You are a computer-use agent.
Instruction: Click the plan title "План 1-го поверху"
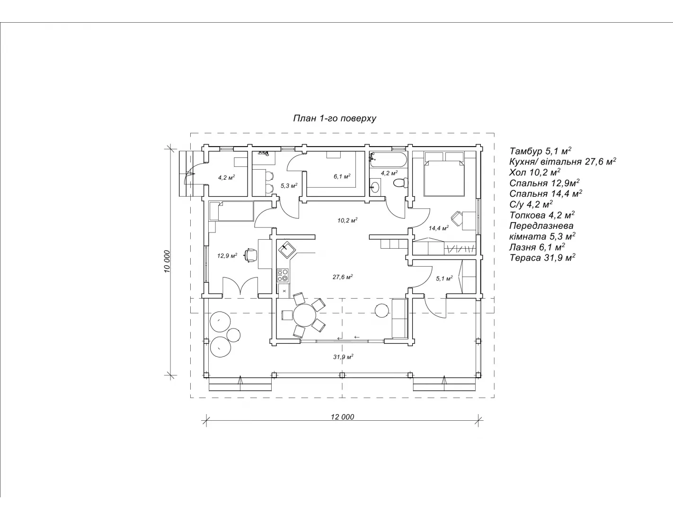[x=335, y=118]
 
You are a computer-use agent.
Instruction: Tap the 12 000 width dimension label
[x=342, y=416]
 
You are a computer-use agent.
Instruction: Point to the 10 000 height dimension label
[x=167, y=261]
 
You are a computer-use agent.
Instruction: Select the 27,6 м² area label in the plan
[x=343, y=277]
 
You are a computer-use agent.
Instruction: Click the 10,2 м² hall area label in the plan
[x=347, y=220]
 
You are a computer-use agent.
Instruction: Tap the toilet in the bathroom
[x=401, y=182]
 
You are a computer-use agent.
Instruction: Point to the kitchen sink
[x=286, y=249]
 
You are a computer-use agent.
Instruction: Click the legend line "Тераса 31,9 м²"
[x=542, y=257]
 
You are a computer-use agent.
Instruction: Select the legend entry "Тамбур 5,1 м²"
[x=540, y=151]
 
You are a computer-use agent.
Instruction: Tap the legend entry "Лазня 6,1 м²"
[x=537, y=247]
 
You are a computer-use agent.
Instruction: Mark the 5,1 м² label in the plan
[x=444, y=278]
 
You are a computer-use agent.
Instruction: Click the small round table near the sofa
[x=381, y=310]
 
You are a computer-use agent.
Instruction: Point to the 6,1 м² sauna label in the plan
[x=342, y=176]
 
